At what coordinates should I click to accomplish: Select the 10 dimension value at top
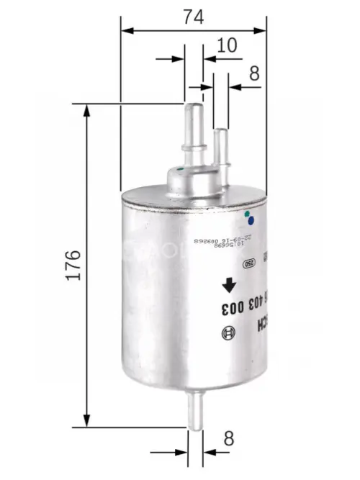[227, 45]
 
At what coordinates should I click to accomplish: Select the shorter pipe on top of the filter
[221, 147]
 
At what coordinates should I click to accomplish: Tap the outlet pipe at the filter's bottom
[196, 411]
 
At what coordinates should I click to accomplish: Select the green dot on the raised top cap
[181, 170]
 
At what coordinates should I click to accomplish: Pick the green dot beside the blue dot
[246, 214]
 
